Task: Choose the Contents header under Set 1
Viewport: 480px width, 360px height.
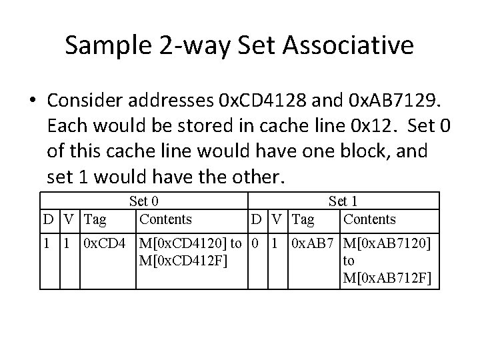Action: [x=369, y=219]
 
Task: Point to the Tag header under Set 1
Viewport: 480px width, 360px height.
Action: [x=303, y=219]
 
